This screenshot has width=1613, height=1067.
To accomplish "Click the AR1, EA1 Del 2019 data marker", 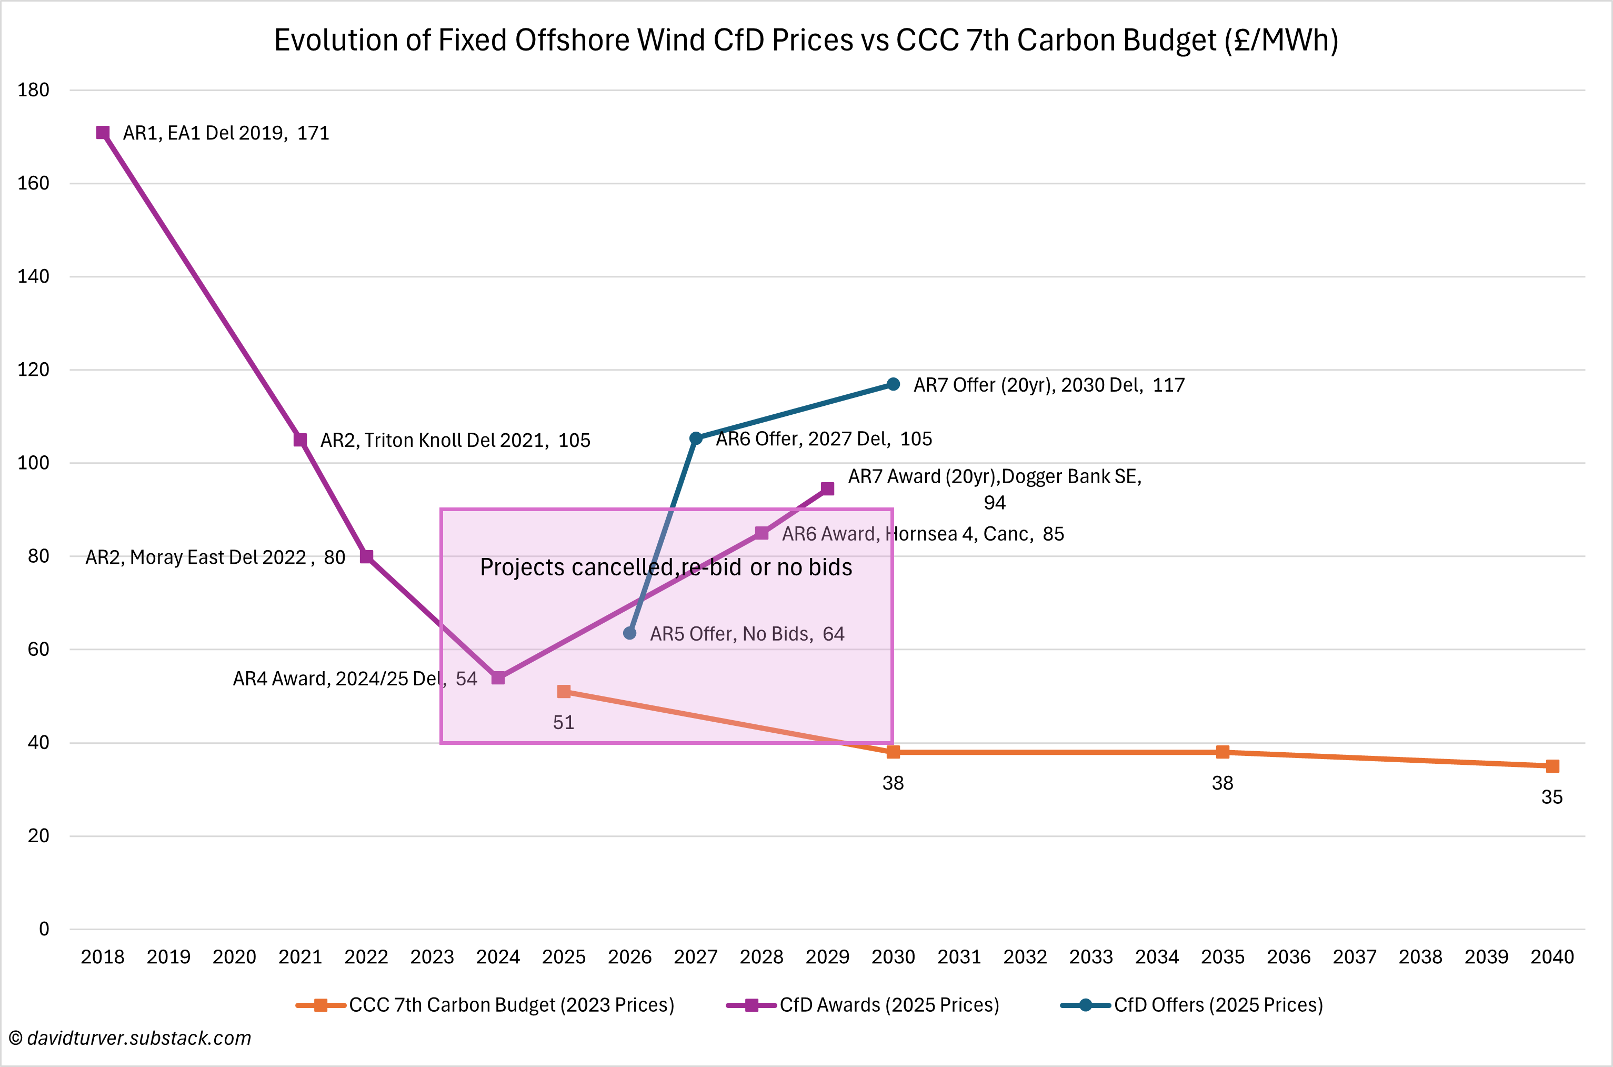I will point(103,133).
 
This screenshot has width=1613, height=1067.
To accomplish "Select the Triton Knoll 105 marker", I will point(300,440).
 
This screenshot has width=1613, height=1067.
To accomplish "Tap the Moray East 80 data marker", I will point(366,556).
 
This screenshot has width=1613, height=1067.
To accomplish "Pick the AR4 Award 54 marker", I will point(498,678).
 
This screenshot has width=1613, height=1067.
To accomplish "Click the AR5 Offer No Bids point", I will point(630,633).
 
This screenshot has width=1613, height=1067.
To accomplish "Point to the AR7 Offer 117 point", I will point(893,384).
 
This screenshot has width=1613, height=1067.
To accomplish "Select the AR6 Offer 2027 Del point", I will point(695,438).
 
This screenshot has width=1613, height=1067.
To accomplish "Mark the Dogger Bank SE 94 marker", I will point(827,488).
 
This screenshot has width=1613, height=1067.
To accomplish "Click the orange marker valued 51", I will point(564,691).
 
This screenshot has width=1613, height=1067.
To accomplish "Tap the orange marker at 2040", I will point(1552,766).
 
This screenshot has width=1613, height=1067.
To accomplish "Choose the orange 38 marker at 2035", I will point(1223,752).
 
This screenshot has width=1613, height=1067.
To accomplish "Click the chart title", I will point(806,40).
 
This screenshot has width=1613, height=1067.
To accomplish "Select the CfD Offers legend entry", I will point(1192,1005).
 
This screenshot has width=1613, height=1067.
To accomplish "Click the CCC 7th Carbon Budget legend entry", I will point(485,1005).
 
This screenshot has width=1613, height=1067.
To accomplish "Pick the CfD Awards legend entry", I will point(863,1005).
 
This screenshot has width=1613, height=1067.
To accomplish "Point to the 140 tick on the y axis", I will point(33,276).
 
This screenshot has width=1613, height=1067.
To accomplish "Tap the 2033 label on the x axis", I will point(1090,957).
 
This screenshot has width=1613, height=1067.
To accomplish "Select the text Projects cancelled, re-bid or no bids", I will point(666,567).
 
